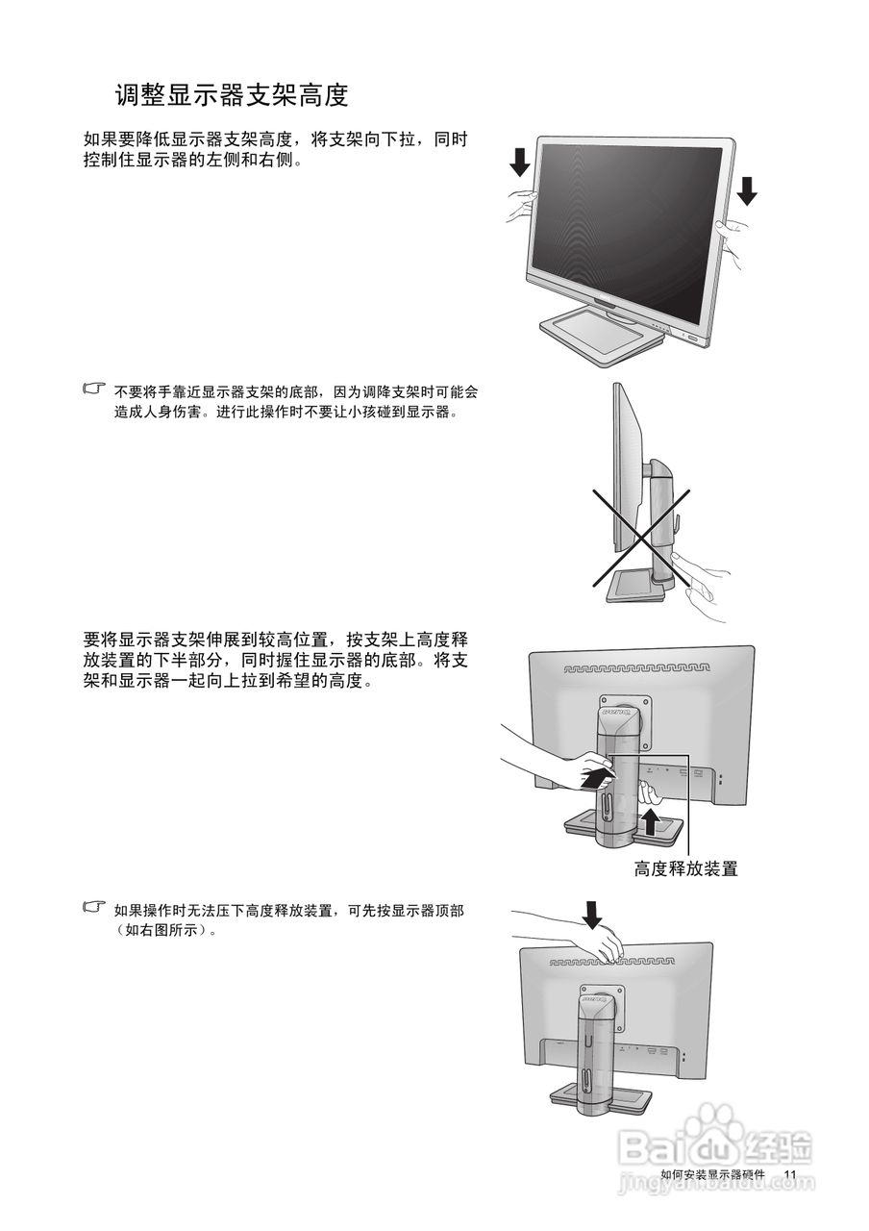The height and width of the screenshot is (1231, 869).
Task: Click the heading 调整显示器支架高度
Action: point(231,95)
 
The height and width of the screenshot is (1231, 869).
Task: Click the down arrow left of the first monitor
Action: point(519,163)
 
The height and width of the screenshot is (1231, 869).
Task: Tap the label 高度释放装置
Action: point(686,868)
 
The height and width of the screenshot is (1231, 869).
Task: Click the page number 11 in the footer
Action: point(790,1175)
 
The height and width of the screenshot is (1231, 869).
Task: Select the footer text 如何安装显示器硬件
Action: point(712,1175)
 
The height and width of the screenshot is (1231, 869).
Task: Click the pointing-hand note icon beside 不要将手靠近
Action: point(93,390)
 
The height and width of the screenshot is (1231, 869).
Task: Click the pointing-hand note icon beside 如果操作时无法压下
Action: point(93,907)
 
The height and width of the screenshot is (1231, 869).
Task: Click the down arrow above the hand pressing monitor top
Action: point(593,914)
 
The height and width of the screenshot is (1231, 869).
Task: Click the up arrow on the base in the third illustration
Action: point(651,821)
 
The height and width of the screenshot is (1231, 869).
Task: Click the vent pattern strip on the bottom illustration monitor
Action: point(615,961)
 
